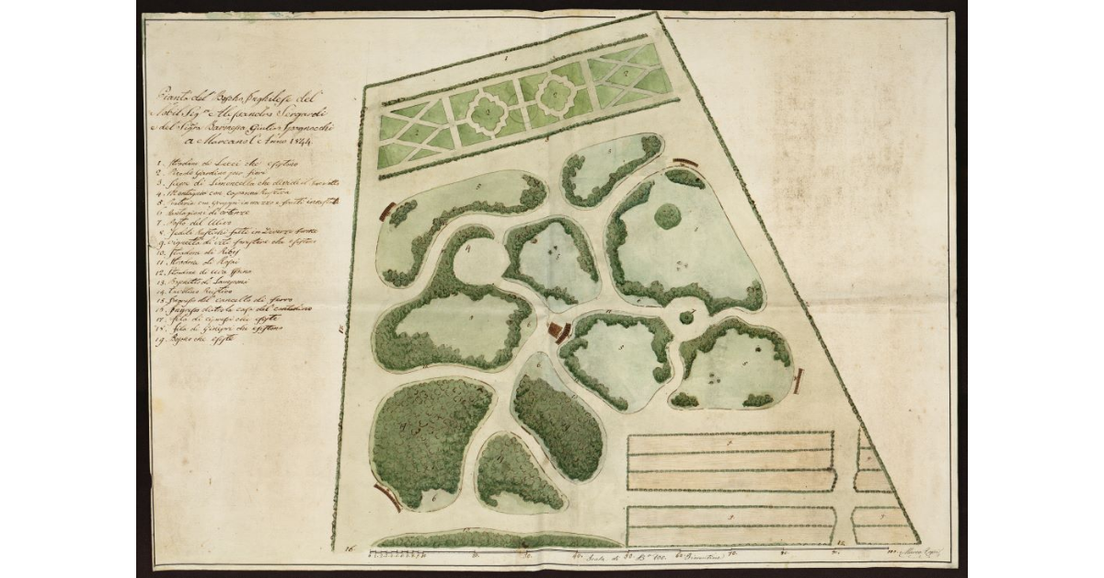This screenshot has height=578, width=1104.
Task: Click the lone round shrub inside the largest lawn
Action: point(668,216)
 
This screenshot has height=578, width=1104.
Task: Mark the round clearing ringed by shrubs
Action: point(476,271)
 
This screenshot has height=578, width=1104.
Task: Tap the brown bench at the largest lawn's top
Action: point(681,164)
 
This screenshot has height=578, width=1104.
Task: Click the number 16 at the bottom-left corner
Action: point(350,549)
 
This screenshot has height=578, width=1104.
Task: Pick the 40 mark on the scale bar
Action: point(576,556)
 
